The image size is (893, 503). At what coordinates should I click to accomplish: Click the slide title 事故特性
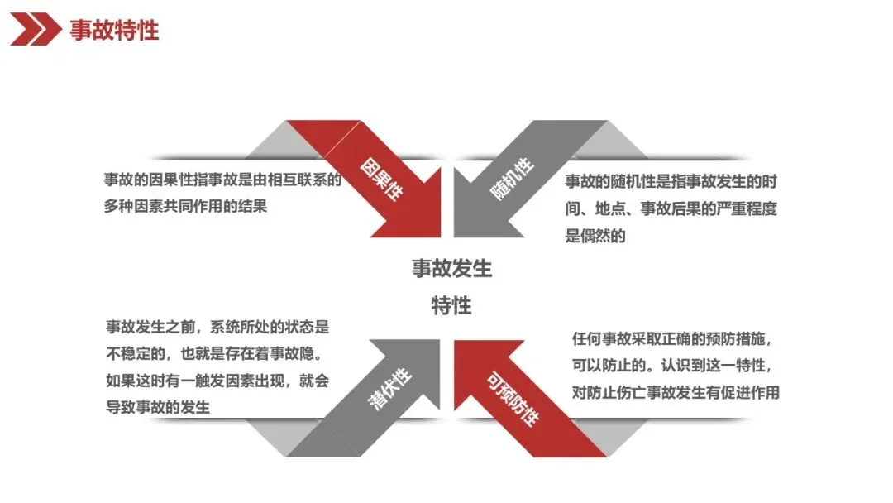(x=115, y=31)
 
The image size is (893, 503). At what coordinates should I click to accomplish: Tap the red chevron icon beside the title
(x=35, y=31)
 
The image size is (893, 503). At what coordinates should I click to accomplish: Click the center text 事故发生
(x=451, y=269)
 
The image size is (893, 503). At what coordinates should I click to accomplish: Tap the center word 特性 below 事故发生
(x=451, y=305)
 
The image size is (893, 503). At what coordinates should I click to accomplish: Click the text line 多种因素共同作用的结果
(x=186, y=207)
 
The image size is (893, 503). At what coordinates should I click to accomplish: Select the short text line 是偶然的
(x=595, y=236)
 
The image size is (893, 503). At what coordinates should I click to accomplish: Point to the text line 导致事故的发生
(x=158, y=407)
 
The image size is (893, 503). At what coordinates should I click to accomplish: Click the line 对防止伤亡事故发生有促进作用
(x=676, y=392)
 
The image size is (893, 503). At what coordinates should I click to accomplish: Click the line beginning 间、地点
(x=671, y=208)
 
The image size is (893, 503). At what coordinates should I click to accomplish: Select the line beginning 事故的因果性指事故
(x=222, y=180)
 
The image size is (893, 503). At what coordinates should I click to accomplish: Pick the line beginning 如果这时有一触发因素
(x=217, y=381)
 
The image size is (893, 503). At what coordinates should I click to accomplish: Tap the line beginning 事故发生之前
(x=217, y=327)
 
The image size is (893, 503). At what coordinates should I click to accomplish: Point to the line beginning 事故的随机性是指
(x=671, y=181)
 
